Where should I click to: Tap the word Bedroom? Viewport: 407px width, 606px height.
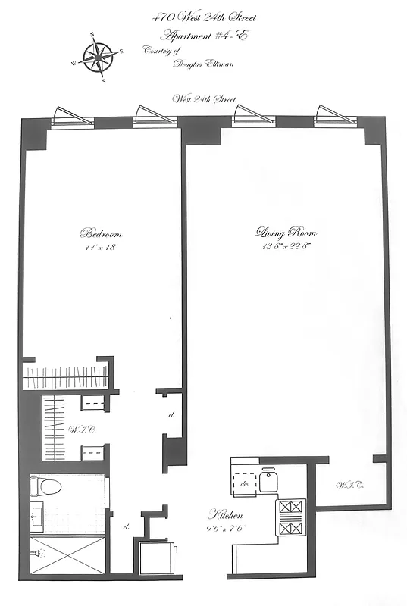click(101, 233)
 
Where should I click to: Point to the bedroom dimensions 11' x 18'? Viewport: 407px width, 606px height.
click(101, 248)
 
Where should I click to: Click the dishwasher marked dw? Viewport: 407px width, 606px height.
click(245, 482)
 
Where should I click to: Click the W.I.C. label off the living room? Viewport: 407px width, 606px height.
click(349, 485)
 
